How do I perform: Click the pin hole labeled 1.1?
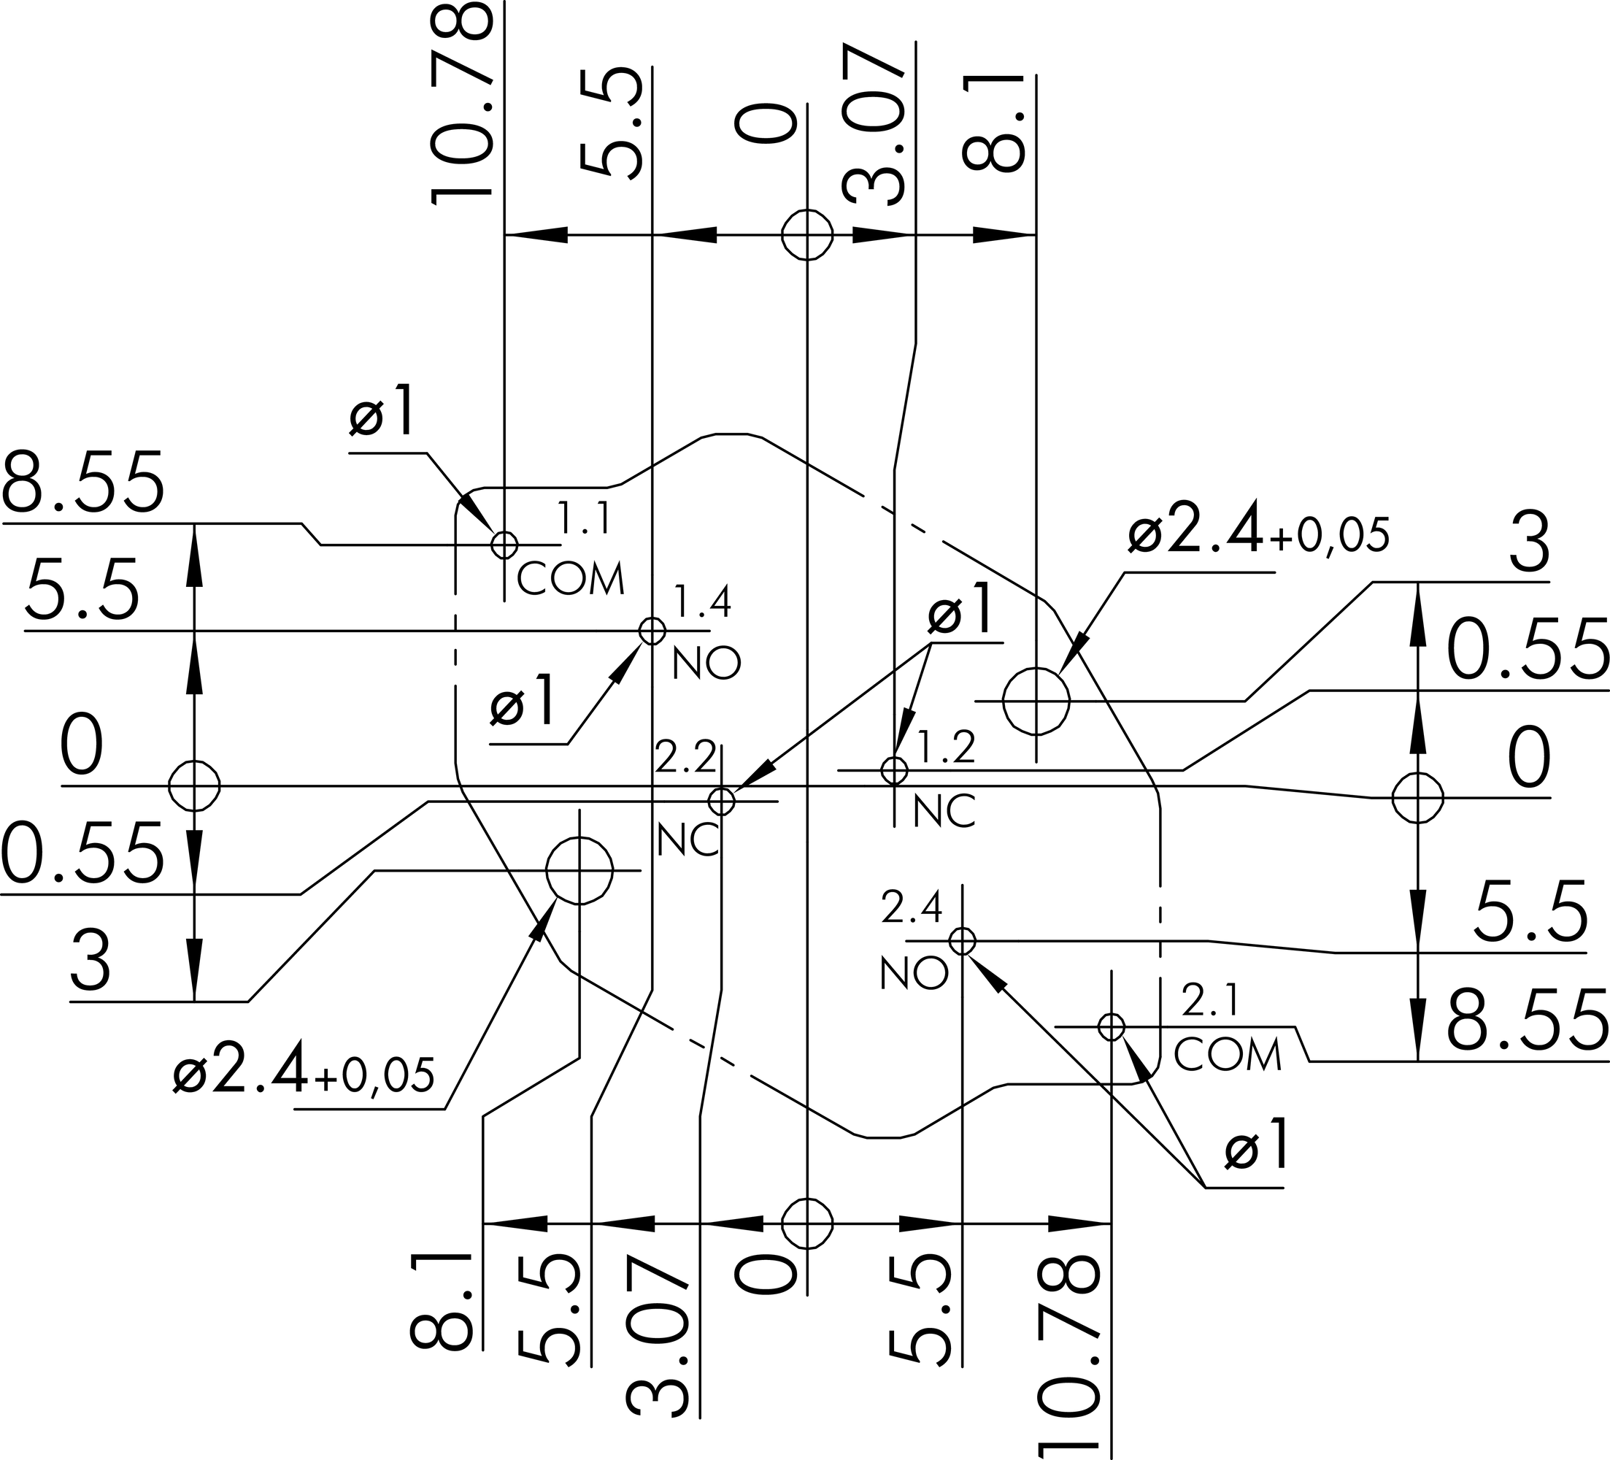coord(504,545)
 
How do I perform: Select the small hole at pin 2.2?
coord(721,800)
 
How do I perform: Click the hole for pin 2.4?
coord(963,941)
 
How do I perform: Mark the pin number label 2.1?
coord(1210,1001)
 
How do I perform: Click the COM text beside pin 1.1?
coord(570,579)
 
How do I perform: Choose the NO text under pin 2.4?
coord(914,974)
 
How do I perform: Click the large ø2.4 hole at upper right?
coord(1036,701)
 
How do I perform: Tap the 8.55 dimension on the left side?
coord(84,483)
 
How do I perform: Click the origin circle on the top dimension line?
coord(806,235)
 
